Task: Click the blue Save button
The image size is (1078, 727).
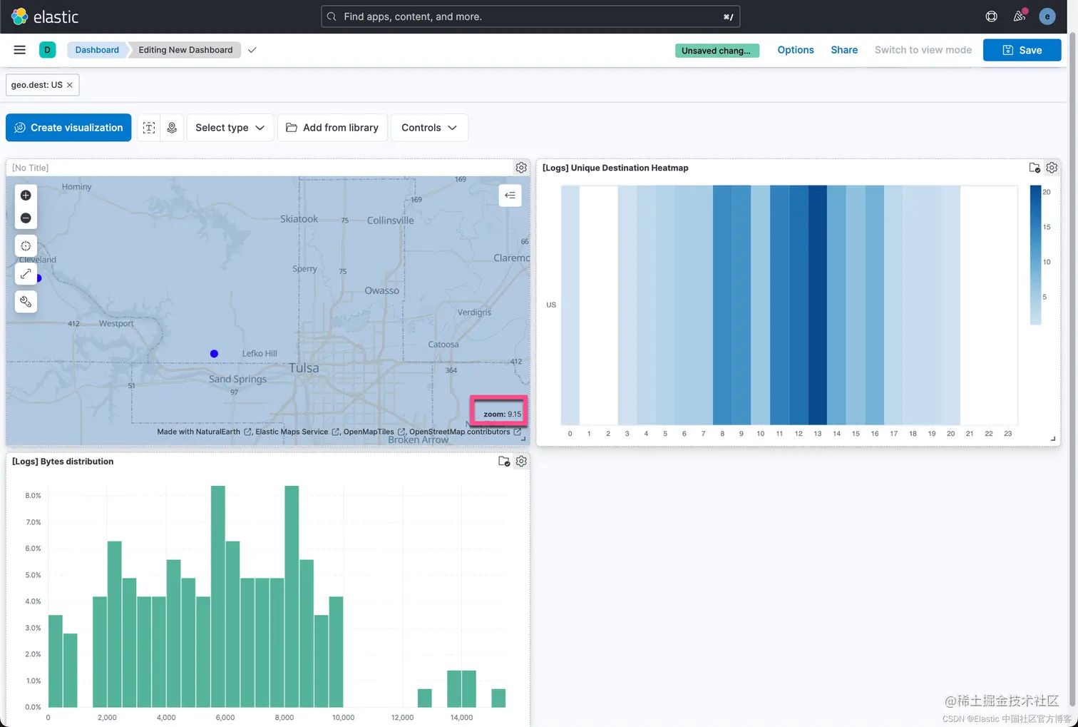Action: pyautogui.click(x=1022, y=50)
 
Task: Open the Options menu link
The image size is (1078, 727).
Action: pyautogui.click(x=795, y=50)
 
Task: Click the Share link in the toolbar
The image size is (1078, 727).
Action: pyautogui.click(x=843, y=50)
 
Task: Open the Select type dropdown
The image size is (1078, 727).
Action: pyautogui.click(x=230, y=128)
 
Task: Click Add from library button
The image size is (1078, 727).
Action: pyautogui.click(x=332, y=128)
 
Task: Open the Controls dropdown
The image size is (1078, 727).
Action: pyautogui.click(x=429, y=128)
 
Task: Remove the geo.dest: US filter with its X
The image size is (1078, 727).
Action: pyautogui.click(x=70, y=85)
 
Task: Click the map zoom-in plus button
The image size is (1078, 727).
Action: pyautogui.click(x=26, y=195)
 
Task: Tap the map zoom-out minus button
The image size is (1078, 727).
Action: pyautogui.click(x=26, y=218)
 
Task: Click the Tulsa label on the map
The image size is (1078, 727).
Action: pyautogui.click(x=304, y=368)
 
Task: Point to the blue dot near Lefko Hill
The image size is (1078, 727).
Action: pyautogui.click(x=214, y=354)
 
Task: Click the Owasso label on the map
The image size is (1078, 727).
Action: pyautogui.click(x=381, y=291)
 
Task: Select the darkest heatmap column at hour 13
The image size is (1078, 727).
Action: pyautogui.click(x=817, y=305)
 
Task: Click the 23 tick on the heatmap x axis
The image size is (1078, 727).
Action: pyautogui.click(x=1007, y=434)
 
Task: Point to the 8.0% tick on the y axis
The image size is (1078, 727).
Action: pyautogui.click(x=33, y=495)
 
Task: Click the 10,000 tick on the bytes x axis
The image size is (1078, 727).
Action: pyautogui.click(x=343, y=718)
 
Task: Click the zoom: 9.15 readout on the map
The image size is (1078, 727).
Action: pyautogui.click(x=502, y=414)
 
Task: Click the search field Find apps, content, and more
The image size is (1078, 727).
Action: pyautogui.click(x=530, y=17)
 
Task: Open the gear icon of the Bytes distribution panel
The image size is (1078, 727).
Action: pyautogui.click(x=521, y=461)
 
